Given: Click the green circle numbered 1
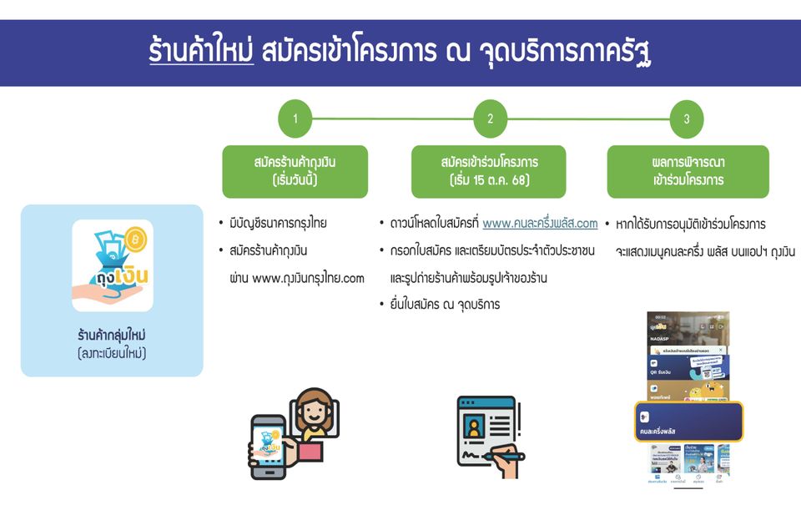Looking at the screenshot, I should click(295, 119).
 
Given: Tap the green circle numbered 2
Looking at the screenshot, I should click(491, 119).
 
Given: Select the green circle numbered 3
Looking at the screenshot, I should click(687, 119).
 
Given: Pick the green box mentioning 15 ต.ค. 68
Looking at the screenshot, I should click(490, 171).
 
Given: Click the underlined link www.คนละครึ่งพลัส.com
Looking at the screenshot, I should click(540, 223).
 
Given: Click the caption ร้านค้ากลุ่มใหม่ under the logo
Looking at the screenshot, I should click(112, 336).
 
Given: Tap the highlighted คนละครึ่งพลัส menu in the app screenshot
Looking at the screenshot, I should click(688, 422).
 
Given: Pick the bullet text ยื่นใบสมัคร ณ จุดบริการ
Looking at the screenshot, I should click(444, 305).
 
